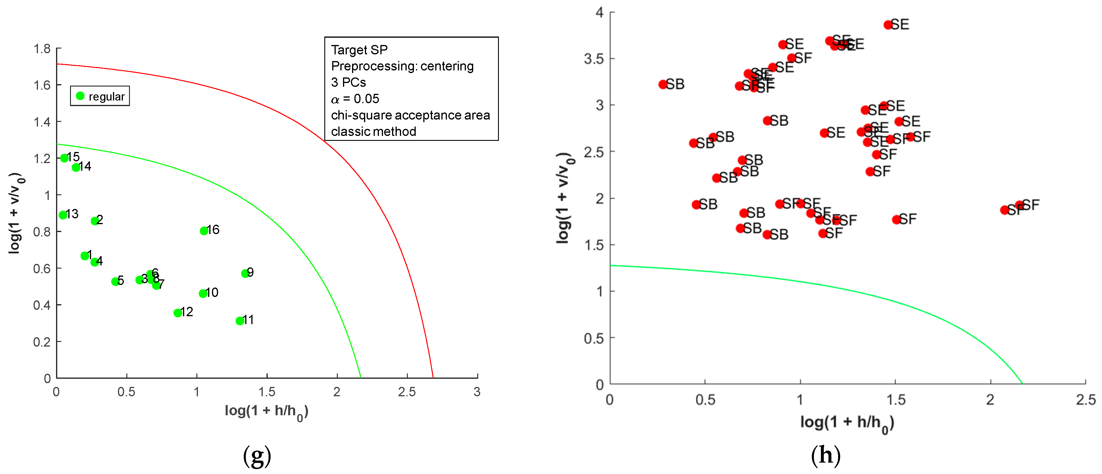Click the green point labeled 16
point(204,231)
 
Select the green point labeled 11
point(240,321)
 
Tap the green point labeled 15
point(64,158)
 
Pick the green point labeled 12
point(177,313)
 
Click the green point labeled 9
point(245,273)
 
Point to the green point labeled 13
point(63,215)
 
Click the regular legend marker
point(80,96)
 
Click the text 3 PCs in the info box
point(348,82)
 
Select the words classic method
point(373,132)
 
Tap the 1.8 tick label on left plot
point(42,49)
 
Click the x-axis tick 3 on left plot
point(477,392)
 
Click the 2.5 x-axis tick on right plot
point(1085,400)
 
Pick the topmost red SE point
point(888,25)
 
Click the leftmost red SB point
point(663,84)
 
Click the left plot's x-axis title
point(266,411)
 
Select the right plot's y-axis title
point(565,198)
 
